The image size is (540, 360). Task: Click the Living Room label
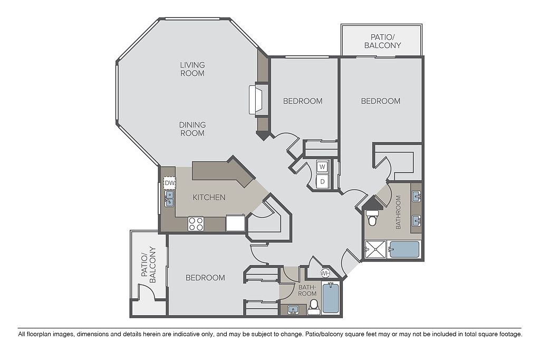[x=192, y=69]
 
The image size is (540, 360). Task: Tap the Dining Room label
[x=192, y=129]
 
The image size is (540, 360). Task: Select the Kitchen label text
[x=209, y=197]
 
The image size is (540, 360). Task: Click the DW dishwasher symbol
[x=170, y=183]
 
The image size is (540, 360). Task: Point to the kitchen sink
[x=169, y=199]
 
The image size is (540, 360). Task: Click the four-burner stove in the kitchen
[x=196, y=224]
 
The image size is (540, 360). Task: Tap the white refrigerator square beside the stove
[x=235, y=222]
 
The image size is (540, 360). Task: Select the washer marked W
[x=322, y=167]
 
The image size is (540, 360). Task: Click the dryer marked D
[x=322, y=181]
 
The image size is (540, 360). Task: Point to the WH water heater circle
[x=325, y=273]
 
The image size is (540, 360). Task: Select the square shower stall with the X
[x=375, y=249]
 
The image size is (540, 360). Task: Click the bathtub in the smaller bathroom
[x=331, y=297]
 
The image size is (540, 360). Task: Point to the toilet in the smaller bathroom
[x=314, y=307]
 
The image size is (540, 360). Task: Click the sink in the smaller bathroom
[x=293, y=310]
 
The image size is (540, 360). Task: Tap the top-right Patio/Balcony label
[x=383, y=41]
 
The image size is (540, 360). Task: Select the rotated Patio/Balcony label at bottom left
[x=149, y=265]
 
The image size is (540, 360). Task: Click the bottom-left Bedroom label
[x=205, y=277]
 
